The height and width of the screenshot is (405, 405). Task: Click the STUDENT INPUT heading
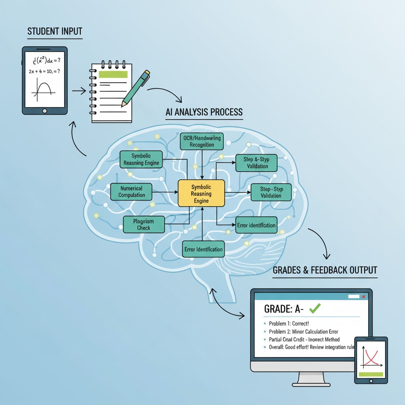tap(55, 32)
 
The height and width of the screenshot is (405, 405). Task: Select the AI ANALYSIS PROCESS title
tap(204, 112)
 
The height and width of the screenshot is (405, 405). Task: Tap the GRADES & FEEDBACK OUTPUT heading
tap(325, 270)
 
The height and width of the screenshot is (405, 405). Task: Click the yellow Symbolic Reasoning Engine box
tap(201, 193)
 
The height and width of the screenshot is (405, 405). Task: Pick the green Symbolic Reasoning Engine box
tap(141, 159)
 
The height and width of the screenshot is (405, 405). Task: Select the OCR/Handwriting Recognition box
tap(202, 141)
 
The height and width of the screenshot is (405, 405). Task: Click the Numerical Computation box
tap(132, 191)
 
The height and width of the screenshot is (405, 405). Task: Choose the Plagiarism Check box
tap(144, 224)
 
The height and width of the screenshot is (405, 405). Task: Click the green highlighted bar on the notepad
tap(113, 74)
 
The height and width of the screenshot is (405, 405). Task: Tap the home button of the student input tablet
tap(44, 110)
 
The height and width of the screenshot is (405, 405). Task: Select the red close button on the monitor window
tap(363, 296)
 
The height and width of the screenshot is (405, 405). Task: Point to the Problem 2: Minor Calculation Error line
tap(303, 331)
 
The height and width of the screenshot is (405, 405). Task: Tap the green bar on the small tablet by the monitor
tap(371, 374)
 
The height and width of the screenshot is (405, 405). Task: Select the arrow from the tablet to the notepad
tap(79, 91)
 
